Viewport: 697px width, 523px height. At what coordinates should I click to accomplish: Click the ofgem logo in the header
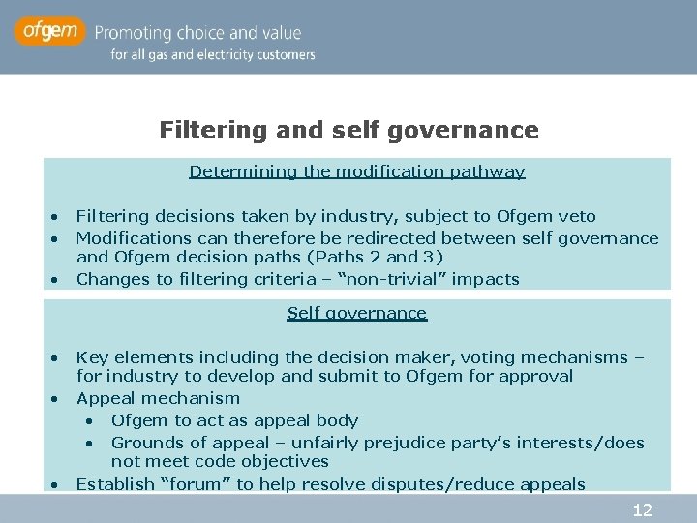pos(48,32)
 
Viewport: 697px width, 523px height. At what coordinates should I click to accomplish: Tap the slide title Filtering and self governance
pos(348,130)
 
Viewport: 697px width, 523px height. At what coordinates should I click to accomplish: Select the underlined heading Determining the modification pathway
pos(356,171)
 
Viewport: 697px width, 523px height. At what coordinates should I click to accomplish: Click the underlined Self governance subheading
pos(356,313)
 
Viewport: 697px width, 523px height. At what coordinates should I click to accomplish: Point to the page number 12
pos(642,509)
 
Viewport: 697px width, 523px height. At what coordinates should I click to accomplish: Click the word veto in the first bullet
pos(577,216)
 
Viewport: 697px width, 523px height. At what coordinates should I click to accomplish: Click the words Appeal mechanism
pos(158,398)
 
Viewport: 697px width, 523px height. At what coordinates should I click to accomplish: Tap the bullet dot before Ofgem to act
pos(89,421)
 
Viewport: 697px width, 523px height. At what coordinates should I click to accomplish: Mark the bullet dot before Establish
pos(56,484)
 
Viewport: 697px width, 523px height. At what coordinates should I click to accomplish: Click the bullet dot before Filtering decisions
pos(56,216)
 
